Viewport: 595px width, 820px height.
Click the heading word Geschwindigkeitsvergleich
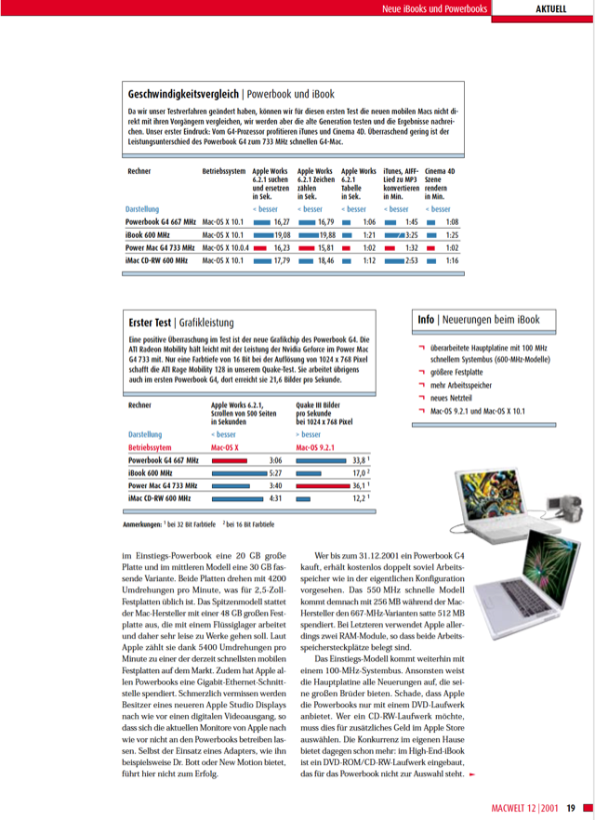pyautogui.click(x=183, y=94)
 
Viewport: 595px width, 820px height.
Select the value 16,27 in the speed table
pyautogui.click(x=282, y=222)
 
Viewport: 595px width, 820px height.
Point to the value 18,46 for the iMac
pyautogui.click(x=324, y=261)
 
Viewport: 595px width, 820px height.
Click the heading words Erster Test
pyautogui.click(x=150, y=323)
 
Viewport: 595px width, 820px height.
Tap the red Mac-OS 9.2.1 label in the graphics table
pyautogui.click(x=322, y=447)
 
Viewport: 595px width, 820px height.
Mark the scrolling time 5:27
pyautogui.click(x=275, y=472)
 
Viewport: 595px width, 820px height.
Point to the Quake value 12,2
pyautogui.click(x=360, y=498)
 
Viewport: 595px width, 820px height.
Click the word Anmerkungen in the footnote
pyautogui.click(x=142, y=525)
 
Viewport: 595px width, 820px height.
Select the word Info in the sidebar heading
pyautogui.click(x=426, y=320)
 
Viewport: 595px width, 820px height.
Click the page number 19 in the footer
pyautogui.click(x=571, y=808)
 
